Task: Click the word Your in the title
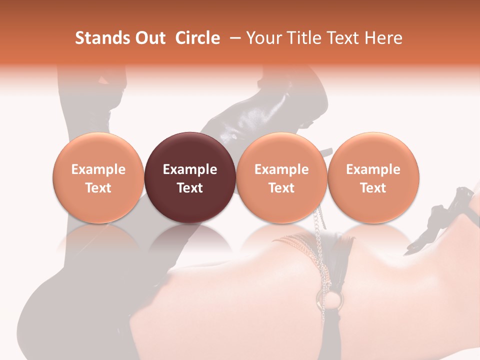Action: pos(264,38)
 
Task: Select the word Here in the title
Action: pos(383,38)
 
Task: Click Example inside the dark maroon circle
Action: pos(190,169)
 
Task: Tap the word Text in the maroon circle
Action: pos(190,188)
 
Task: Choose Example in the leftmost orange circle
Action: pos(98,169)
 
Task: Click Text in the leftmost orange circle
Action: pos(98,188)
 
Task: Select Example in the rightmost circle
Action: pos(373,169)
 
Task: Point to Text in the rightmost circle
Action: pos(373,188)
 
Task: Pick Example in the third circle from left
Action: pos(281,169)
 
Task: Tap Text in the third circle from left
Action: pos(281,188)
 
